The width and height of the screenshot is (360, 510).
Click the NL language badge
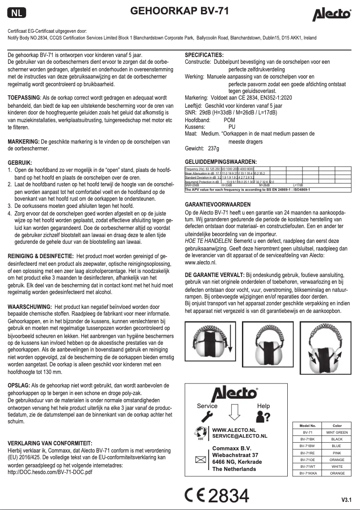point(17,13)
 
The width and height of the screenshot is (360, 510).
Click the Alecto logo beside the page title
point(332,15)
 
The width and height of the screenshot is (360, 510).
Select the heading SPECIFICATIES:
point(204,55)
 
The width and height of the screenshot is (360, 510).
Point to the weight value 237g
point(214,148)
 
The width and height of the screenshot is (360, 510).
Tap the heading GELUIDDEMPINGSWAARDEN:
point(221,162)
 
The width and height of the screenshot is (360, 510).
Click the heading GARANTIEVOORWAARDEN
point(218,204)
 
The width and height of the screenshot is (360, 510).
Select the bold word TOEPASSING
point(24,97)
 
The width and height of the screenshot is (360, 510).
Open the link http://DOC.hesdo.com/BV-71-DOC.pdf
point(47,473)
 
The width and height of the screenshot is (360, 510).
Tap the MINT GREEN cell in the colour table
point(337,432)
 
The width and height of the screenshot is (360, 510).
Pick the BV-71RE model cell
point(307,453)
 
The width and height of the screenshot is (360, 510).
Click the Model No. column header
point(307,426)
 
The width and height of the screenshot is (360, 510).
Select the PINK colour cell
point(337,453)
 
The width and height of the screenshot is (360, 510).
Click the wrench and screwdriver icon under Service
point(206,417)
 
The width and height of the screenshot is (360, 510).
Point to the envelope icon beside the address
point(199,459)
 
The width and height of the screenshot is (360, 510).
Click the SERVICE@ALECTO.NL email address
point(239,436)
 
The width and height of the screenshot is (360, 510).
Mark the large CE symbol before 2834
point(195,496)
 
